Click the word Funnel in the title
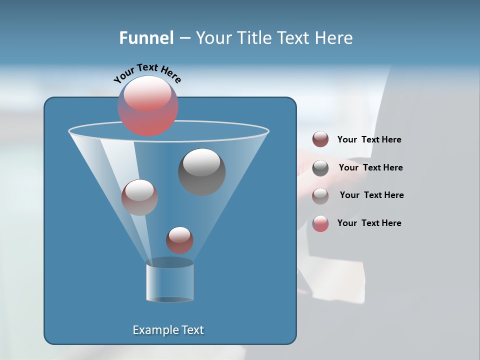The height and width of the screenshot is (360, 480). [146, 38]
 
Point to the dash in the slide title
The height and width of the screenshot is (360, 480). [184, 38]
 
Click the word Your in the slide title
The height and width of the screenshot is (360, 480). [212, 38]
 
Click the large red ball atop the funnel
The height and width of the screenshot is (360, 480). [148, 106]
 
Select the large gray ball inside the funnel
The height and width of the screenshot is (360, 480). [202, 172]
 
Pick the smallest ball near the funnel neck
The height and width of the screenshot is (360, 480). [179, 240]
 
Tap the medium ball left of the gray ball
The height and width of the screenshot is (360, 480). [139, 197]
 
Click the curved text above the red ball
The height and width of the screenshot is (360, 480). [147, 73]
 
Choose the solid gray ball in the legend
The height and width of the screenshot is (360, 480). [320, 168]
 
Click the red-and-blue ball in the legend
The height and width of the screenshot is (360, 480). [320, 223]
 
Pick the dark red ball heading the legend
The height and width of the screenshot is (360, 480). [320, 139]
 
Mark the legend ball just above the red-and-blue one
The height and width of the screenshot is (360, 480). [320, 195]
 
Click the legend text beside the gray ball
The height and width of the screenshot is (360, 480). [370, 167]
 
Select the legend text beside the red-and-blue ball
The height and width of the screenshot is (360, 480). [369, 223]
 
